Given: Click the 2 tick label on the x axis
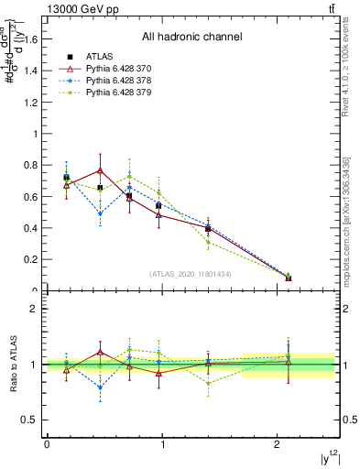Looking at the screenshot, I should [277, 444].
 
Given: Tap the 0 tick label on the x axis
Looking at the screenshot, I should [47, 444].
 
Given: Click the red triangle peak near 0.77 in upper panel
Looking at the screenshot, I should [100, 170].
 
